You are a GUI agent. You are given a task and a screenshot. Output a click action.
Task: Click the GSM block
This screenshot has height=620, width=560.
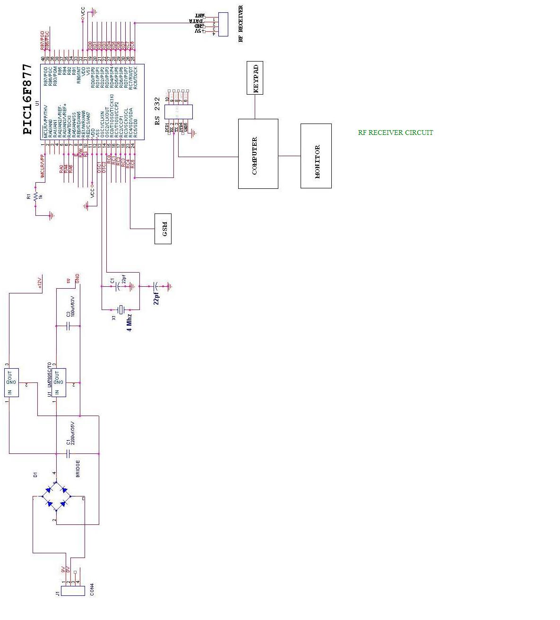pos(163,229)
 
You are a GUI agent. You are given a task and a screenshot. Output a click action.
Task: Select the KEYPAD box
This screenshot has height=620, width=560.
pos(255,78)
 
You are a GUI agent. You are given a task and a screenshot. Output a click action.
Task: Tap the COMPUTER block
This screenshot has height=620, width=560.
pos(258,154)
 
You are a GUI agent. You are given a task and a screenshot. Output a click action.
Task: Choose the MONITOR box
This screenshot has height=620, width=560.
pos(316,156)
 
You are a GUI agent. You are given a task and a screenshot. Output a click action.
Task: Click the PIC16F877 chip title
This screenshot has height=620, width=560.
pos(28,99)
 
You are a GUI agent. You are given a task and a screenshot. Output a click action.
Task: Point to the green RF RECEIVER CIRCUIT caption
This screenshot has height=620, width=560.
pos(395,133)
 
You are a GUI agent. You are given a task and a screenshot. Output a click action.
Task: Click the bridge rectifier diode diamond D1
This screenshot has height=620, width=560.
pos(56,496)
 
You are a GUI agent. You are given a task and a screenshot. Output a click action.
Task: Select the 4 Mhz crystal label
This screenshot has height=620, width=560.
pos(129,321)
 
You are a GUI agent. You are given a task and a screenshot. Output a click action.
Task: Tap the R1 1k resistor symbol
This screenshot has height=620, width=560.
pos(36,196)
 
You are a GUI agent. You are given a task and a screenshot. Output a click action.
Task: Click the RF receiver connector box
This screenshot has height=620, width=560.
pos(223,24)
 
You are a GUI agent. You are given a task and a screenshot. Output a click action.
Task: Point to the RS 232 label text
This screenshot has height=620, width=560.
pos(157,111)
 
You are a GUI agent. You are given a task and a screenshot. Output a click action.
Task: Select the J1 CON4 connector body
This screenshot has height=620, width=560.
pos(73,591)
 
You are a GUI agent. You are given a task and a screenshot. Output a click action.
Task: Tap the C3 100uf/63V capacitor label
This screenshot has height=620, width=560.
pos(70,307)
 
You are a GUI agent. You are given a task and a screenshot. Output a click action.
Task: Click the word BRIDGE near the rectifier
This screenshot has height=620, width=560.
pos(78,468)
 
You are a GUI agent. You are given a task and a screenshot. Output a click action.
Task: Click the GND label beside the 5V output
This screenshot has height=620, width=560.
pos(77,279)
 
